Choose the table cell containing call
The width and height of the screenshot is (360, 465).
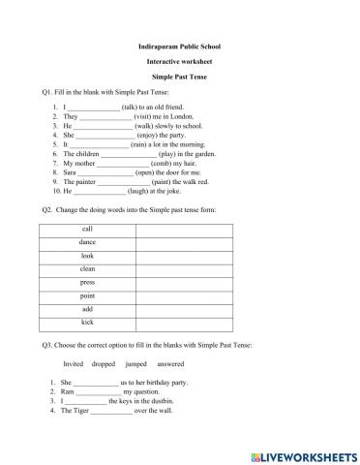(87, 229)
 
